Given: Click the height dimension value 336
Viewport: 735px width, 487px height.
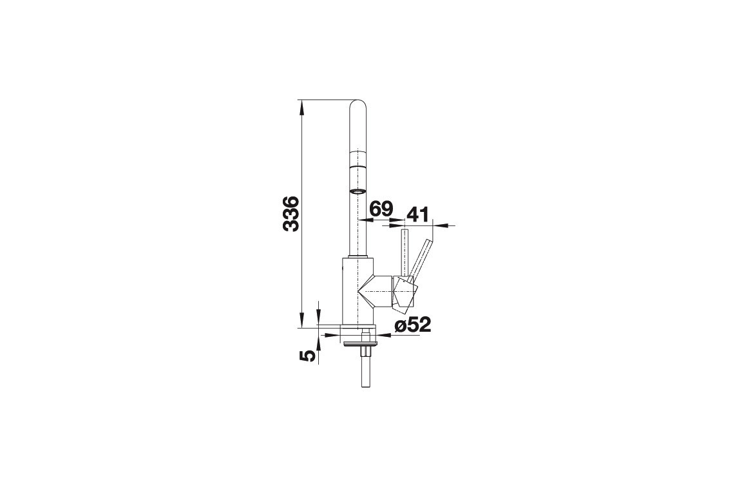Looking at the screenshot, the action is pyautogui.click(x=291, y=214).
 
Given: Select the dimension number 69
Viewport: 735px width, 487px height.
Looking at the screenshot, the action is pyautogui.click(x=381, y=209).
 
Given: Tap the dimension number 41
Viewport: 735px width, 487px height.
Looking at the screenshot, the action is pyautogui.click(x=417, y=215).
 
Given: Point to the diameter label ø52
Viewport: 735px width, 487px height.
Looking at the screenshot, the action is pyautogui.click(x=412, y=325).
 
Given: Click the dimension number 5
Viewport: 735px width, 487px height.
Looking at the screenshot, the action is pyautogui.click(x=307, y=356).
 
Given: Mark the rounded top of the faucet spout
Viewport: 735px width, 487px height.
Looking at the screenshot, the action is pyautogui.click(x=358, y=105).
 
